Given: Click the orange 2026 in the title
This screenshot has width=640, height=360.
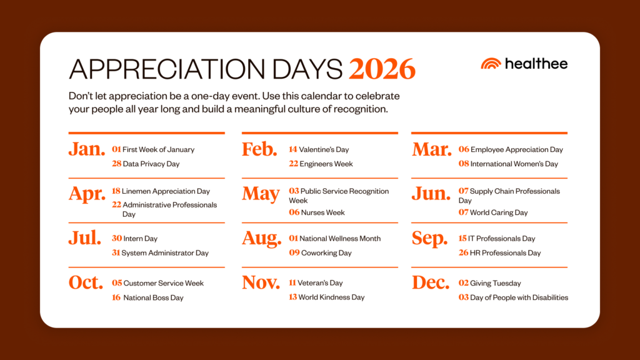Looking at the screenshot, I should tap(382, 69).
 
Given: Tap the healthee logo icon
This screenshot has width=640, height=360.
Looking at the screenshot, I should tap(491, 64).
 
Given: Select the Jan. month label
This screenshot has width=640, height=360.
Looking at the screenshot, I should tap(87, 149).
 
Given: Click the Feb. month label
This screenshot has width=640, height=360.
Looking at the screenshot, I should tap(259, 149).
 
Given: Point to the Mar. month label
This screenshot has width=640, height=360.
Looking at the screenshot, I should tap(431, 149).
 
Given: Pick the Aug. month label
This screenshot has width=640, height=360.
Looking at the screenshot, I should tap(262, 238).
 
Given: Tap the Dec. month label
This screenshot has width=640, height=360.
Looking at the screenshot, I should tap(431, 282).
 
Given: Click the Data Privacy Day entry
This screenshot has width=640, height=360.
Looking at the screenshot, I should tap(151, 164).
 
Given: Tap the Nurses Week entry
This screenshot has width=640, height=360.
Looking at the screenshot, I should tap(322, 212).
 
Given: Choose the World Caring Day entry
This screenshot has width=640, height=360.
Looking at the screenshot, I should tap(499, 212).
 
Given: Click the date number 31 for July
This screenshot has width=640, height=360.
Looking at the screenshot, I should tap(116, 253).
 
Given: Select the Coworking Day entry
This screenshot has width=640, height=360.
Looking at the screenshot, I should tap(326, 253).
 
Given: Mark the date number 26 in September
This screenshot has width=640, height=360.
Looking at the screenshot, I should tap(463, 253).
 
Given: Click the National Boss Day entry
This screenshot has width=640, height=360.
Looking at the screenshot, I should tap(153, 298).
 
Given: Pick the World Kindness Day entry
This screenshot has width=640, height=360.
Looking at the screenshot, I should tap(331, 297).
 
